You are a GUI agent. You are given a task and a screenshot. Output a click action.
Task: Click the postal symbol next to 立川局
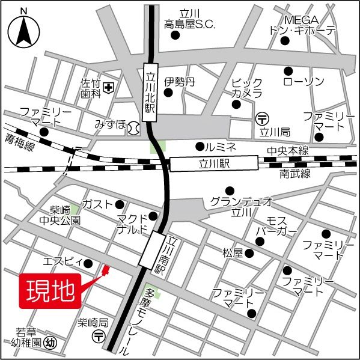262,118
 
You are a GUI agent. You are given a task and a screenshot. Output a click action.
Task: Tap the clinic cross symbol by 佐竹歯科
109,88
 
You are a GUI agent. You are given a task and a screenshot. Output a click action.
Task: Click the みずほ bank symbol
135,127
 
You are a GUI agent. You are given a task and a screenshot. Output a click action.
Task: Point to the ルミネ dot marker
200,145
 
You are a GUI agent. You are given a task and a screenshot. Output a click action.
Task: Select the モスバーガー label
276,226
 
